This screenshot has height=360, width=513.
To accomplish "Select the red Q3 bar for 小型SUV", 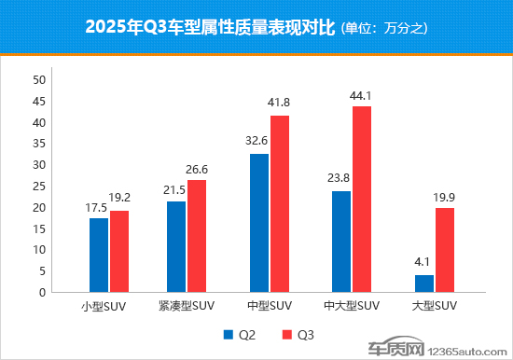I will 119,251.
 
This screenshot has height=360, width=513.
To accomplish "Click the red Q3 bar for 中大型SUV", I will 360,199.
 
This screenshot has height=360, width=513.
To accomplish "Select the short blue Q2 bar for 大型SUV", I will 424,284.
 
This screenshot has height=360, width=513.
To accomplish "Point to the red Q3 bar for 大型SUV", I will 445,250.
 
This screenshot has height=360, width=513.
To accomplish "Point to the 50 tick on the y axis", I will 39,80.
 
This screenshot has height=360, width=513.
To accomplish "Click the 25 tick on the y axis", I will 39,187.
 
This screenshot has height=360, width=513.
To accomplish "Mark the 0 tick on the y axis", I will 42,292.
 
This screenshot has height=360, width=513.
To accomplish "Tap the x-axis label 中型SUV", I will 269,307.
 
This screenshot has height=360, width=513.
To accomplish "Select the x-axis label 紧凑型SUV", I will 187,307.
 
